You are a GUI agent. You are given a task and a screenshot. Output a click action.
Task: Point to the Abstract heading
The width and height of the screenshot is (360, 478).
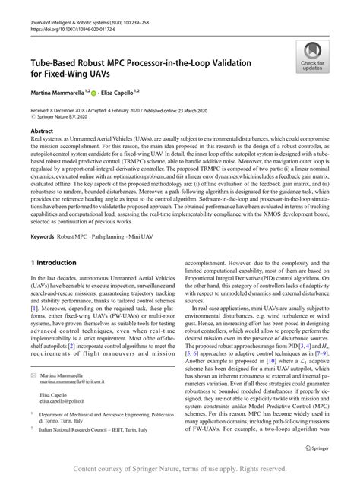point(43,131)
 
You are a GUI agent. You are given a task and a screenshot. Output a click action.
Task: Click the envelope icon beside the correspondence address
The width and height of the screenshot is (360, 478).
point(33,375)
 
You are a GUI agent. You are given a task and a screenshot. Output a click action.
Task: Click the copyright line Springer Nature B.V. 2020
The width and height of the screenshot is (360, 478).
point(67,118)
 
